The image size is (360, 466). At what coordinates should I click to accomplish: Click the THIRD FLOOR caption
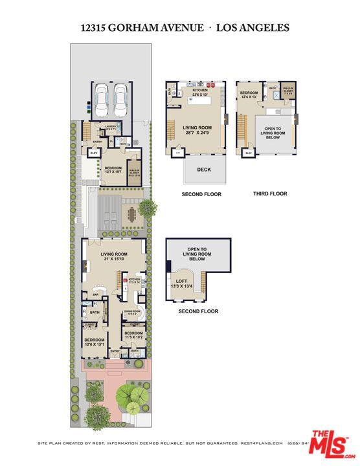(x=270, y=194)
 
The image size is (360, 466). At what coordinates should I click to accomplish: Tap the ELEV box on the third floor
(x=249, y=153)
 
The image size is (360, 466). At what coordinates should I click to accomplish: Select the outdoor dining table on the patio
(x=133, y=214)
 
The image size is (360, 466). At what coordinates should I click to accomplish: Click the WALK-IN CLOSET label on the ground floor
(x=135, y=172)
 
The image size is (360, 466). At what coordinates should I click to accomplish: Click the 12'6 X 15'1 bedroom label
(x=94, y=341)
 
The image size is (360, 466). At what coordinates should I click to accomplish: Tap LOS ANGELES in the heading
(x=252, y=28)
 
